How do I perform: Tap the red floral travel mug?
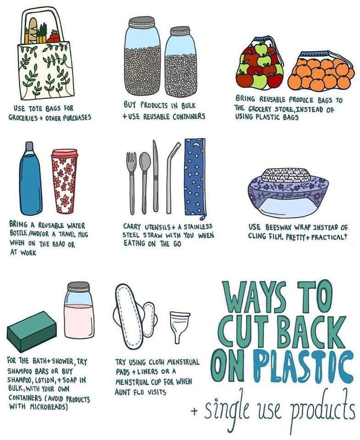[65, 183]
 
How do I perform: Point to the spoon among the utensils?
[144, 176]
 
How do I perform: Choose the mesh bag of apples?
[262, 66]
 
